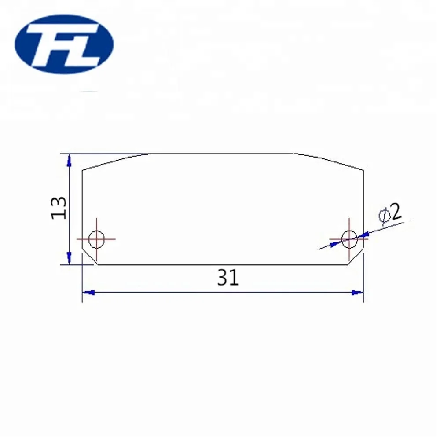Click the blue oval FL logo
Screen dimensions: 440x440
pos(64,44)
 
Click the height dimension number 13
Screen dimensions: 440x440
pos(59,208)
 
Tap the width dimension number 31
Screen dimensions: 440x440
pos(228,278)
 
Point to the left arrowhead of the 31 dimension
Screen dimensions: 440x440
pos(89,293)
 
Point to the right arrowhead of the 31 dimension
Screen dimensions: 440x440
pos(357,293)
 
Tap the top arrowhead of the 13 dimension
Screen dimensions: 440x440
pos(69,160)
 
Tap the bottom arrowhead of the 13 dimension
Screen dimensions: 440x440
pos(69,258)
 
